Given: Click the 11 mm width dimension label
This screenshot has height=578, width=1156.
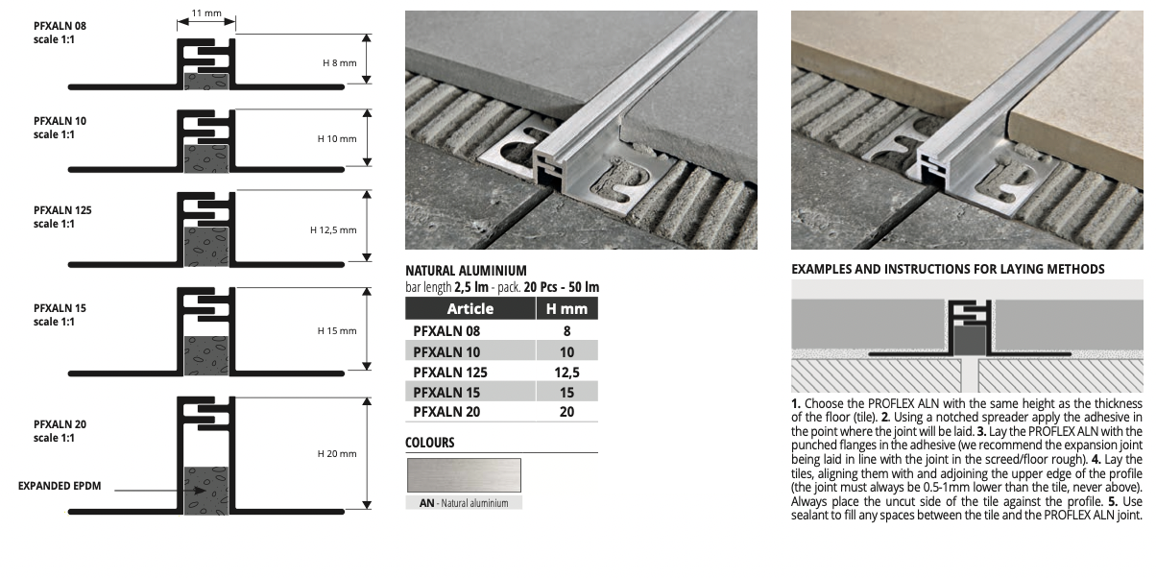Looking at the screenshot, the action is coord(205,12).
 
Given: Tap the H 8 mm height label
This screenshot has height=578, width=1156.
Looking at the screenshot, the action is coord(340,63).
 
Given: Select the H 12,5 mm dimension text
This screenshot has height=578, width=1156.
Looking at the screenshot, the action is coord(333,230).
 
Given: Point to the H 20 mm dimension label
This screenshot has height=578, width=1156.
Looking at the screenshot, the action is coord(337,453).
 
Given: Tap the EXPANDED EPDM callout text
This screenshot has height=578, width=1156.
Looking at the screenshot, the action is coord(60,486).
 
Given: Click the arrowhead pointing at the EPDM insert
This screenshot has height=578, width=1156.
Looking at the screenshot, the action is coord(201,491).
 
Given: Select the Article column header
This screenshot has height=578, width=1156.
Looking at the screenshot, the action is coord(470,308).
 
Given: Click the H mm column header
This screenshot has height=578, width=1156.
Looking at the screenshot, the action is coord(566,308).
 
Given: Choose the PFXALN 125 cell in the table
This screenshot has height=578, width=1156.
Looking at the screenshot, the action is coord(450,373).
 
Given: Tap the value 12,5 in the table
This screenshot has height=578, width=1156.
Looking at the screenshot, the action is coord(566,373).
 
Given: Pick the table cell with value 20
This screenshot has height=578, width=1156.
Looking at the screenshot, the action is coord(566,412).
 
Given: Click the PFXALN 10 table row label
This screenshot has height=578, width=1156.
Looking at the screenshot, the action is coord(446,352).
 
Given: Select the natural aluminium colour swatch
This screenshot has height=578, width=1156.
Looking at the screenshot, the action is coord(464,474).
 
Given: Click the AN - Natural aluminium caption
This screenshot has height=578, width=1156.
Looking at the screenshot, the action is coord(464,503).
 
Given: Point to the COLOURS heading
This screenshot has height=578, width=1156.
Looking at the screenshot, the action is coord(430,443).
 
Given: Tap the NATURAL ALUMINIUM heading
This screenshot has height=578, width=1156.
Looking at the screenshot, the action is coord(466,271).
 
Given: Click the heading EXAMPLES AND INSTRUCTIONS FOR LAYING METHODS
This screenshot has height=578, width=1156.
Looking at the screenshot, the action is coord(948,269).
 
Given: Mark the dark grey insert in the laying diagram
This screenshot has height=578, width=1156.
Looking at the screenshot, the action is coord(970,340).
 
